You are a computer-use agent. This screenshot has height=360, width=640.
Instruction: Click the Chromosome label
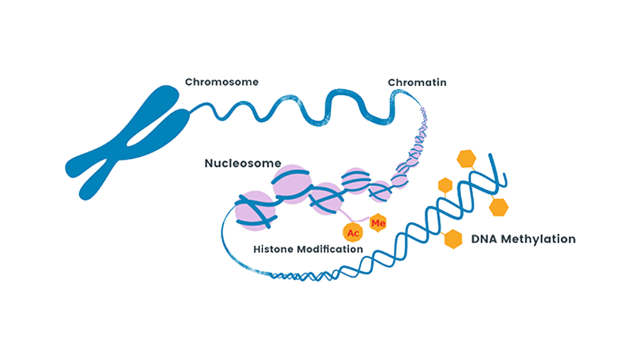222,82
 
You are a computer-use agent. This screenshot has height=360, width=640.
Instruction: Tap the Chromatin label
417,82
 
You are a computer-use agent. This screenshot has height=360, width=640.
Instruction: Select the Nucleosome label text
242,164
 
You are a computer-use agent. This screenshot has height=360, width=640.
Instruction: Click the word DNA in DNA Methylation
483,239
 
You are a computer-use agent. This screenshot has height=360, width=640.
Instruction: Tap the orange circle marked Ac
352,232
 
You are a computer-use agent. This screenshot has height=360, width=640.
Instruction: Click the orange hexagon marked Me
377,222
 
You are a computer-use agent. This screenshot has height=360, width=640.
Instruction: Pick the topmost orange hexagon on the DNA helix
466,159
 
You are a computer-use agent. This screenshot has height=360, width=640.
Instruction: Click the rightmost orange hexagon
498,206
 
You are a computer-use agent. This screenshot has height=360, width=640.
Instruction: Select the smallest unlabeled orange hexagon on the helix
445,185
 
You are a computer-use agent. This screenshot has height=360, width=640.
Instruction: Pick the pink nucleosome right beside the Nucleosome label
291,181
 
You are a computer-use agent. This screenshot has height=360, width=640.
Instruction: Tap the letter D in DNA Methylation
474,239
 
